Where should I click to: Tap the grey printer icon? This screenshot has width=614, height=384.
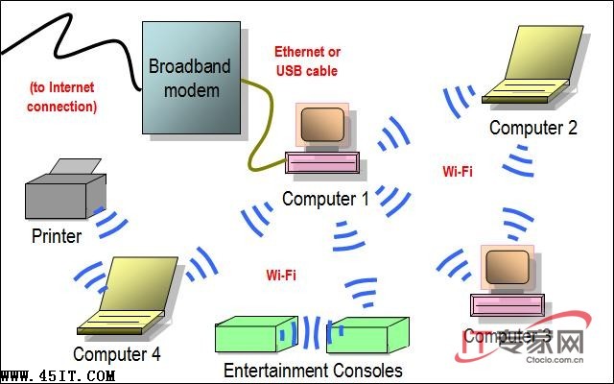point(63,192)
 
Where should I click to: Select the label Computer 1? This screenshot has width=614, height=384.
point(325,199)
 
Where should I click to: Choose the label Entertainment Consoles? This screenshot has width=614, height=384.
point(313,370)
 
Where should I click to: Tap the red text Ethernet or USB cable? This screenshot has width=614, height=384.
point(307,60)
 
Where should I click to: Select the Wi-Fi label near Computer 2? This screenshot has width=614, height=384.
point(458,173)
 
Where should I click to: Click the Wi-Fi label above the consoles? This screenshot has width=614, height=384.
point(281,276)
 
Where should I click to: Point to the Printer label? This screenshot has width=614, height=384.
point(57,236)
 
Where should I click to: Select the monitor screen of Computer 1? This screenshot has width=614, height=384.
point(321,125)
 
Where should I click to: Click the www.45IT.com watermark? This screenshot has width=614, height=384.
point(59,375)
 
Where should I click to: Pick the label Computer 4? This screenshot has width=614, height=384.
point(117,354)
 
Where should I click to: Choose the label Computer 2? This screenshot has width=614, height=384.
point(533,127)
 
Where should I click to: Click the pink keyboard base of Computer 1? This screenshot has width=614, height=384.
point(324,163)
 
